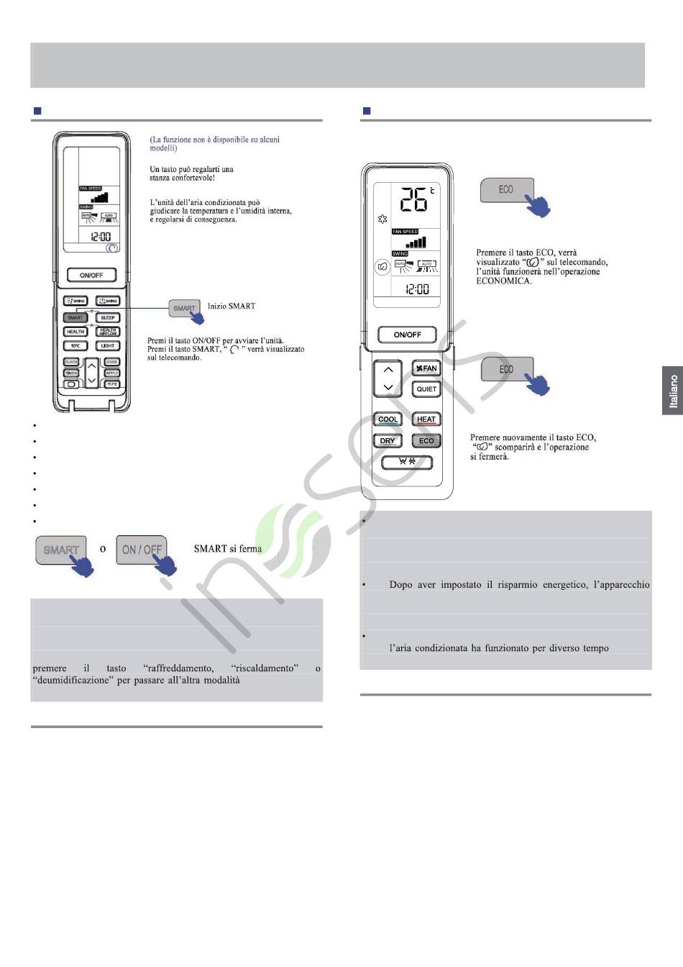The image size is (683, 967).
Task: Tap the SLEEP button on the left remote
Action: click(x=108, y=317)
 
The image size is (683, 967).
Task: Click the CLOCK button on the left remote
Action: click(x=71, y=362)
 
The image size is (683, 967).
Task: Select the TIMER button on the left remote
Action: click(x=71, y=373)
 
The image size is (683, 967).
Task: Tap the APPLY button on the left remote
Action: click(x=112, y=373)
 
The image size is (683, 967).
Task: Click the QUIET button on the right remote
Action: click(x=426, y=389)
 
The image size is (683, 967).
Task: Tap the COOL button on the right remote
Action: click(x=388, y=419)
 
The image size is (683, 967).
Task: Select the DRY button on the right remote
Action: click(x=388, y=441)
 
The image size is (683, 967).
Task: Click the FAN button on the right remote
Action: click(x=426, y=368)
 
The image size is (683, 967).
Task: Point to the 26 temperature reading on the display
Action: click(x=413, y=199)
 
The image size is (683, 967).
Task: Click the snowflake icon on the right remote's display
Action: click(x=382, y=219)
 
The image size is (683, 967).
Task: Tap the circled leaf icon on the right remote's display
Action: click(x=382, y=267)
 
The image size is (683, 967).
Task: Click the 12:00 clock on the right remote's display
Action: click(x=417, y=289)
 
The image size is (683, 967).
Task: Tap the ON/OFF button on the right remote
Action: click(x=407, y=335)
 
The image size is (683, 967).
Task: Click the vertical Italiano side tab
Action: click(x=673, y=391)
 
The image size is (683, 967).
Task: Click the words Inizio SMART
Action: click(x=232, y=306)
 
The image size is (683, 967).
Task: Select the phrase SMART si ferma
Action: click(x=228, y=549)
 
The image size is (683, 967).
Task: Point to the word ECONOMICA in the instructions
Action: click(x=504, y=281)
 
